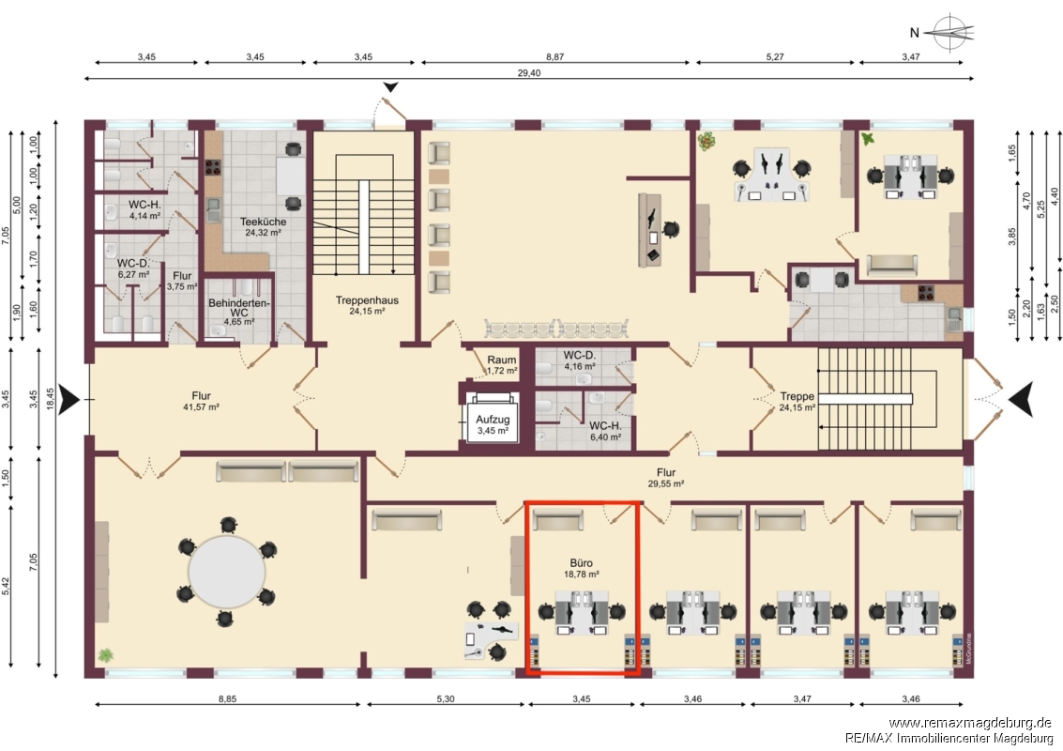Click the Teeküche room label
click(263, 222)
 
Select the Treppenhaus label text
click(367, 300)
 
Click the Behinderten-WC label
click(238, 307)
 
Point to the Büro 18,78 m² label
click(581, 568)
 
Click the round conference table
click(226, 572)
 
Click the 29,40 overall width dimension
click(529, 73)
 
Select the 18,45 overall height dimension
click(50, 399)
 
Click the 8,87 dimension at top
click(554, 57)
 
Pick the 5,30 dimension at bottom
click(446, 698)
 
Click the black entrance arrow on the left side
click(69, 399)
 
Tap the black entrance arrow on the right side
click(1021, 399)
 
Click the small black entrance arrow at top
click(391, 87)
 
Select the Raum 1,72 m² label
click(502, 365)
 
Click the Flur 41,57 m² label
click(201, 401)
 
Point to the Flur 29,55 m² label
click(666, 478)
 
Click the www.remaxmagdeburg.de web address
click(969, 723)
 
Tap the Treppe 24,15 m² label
click(797, 402)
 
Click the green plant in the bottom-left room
click(105, 655)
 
